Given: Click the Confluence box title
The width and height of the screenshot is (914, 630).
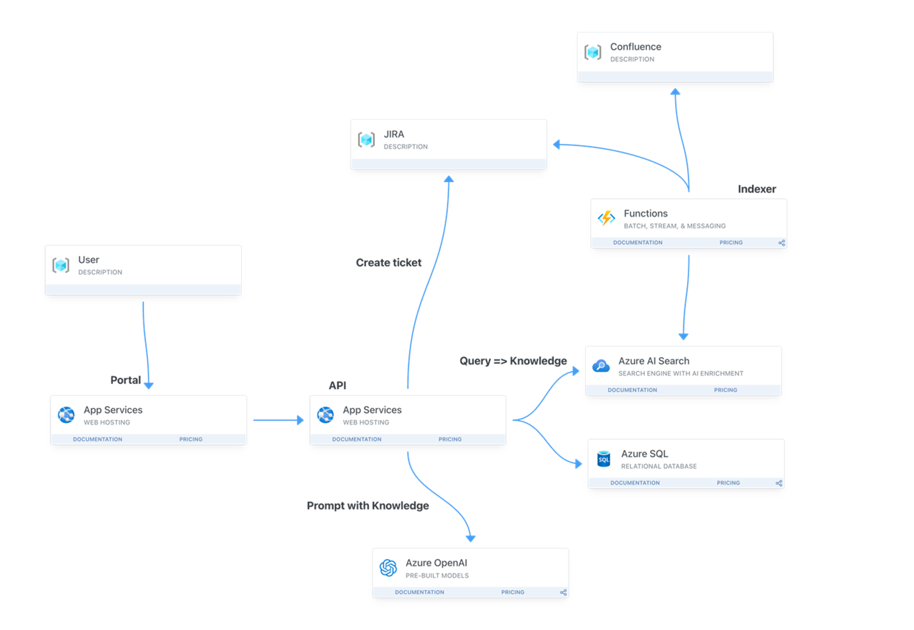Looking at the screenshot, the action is pyautogui.click(x=635, y=47).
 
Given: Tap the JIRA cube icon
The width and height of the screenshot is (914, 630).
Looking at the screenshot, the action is pyautogui.click(x=366, y=140).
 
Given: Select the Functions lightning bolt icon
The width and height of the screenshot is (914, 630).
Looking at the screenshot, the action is pyautogui.click(x=606, y=218).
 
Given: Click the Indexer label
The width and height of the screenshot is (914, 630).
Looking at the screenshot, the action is pyautogui.click(x=757, y=189).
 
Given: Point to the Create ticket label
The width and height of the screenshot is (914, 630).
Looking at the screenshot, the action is pyautogui.click(x=388, y=262).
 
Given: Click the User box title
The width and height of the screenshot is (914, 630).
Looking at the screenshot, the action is pyautogui.click(x=89, y=260).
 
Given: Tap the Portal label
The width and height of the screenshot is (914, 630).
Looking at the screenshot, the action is pyautogui.click(x=126, y=380).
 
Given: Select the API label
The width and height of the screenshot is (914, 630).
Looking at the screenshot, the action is pyautogui.click(x=337, y=385).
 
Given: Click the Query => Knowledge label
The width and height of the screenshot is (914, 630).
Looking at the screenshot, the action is pyautogui.click(x=513, y=361).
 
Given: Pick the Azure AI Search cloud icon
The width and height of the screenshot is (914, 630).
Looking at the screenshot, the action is pyautogui.click(x=600, y=366).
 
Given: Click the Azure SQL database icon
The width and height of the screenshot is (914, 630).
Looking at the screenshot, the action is pyautogui.click(x=603, y=458).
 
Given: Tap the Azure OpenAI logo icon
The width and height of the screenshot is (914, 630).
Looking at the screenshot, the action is pyautogui.click(x=388, y=568).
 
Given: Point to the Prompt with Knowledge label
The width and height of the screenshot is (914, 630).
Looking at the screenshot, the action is pyautogui.click(x=368, y=506).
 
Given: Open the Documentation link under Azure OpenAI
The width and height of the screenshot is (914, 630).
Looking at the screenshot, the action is pyautogui.click(x=419, y=592).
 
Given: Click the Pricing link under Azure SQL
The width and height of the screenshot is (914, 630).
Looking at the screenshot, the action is pyautogui.click(x=728, y=483).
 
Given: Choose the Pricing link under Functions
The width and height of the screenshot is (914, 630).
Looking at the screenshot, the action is pyautogui.click(x=731, y=243).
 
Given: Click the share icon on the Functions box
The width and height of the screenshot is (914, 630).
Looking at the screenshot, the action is pyautogui.click(x=782, y=243).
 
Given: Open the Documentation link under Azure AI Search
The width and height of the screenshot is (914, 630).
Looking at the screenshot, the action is pyautogui.click(x=632, y=390).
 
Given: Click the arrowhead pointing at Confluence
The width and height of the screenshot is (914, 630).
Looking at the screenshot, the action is pyautogui.click(x=675, y=92).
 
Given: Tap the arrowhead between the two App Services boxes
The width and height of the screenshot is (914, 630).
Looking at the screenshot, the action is pyautogui.click(x=300, y=420).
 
